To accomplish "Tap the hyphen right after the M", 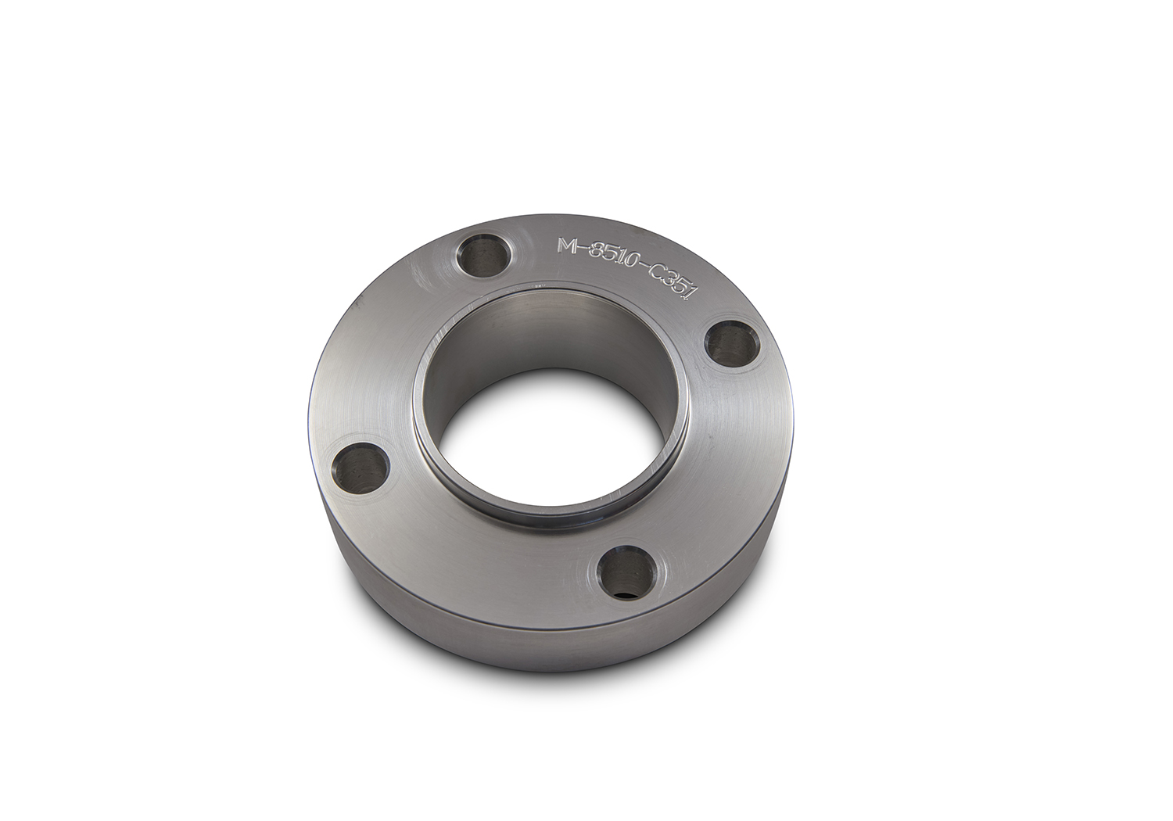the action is tap(583, 248).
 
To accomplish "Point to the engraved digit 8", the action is tap(596, 253).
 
